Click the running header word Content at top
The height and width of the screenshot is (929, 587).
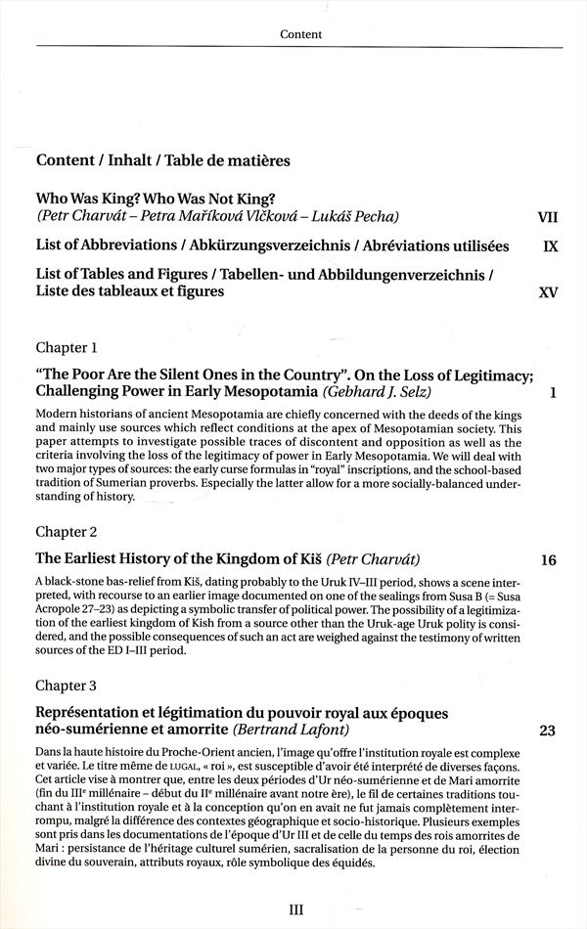[300, 34]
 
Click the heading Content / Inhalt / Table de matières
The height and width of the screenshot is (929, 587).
[162, 159]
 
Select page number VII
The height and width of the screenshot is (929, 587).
[548, 215]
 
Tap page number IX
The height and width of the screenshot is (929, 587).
[551, 245]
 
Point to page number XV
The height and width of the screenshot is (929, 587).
[549, 291]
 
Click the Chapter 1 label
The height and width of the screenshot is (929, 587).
[67, 347]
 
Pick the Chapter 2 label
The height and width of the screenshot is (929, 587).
[67, 532]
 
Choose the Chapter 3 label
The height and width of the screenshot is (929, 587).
[67, 685]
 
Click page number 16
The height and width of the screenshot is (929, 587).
[548, 560]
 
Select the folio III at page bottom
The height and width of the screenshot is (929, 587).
[296, 909]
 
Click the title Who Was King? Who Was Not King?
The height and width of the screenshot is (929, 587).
[156, 197]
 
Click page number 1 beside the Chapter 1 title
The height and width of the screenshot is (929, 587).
[553, 392]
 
